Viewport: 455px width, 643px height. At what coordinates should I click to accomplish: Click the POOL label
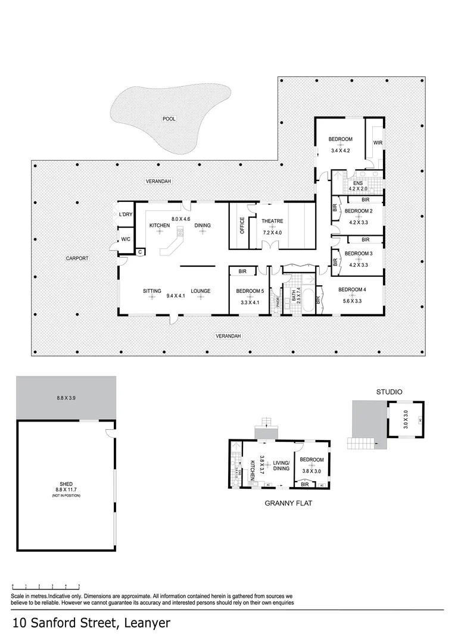(169, 119)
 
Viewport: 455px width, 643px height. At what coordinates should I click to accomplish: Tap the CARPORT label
(77, 258)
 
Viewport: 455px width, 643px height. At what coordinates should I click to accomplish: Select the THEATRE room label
(272, 221)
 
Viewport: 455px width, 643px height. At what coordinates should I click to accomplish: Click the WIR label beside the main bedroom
(378, 143)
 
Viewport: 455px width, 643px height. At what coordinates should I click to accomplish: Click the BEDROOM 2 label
(359, 211)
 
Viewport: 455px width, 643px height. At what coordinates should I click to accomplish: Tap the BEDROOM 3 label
(359, 253)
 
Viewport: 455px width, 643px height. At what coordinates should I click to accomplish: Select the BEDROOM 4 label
(352, 290)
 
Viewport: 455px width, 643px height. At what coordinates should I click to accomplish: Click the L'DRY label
(125, 214)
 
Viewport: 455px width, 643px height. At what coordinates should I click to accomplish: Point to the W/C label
(125, 239)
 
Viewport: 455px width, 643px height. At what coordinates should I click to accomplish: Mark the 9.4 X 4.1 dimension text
(177, 296)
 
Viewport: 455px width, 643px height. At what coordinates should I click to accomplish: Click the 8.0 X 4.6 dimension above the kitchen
(180, 219)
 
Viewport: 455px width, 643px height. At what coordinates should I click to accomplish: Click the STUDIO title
(389, 392)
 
